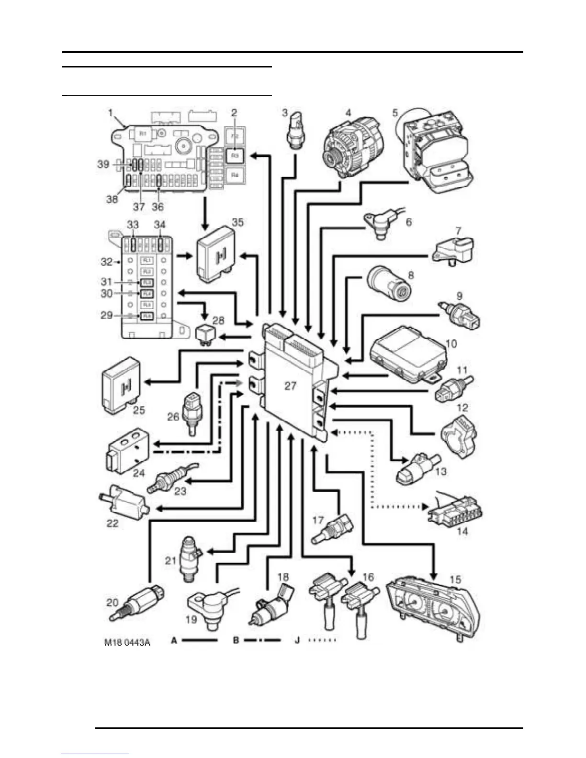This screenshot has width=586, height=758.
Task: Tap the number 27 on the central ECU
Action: [x=290, y=386]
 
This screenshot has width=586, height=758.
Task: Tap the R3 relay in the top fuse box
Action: [x=235, y=156]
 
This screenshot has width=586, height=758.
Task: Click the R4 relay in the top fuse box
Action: [x=235, y=175]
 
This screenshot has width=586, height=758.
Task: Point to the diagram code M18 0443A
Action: [x=127, y=642]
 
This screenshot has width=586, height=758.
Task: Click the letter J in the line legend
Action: [x=297, y=640]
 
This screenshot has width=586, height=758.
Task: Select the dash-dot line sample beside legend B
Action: [x=262, y=640]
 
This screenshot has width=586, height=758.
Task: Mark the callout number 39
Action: [x=103, y=164]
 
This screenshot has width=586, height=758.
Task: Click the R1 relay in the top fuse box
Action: [x=143, y=134]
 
